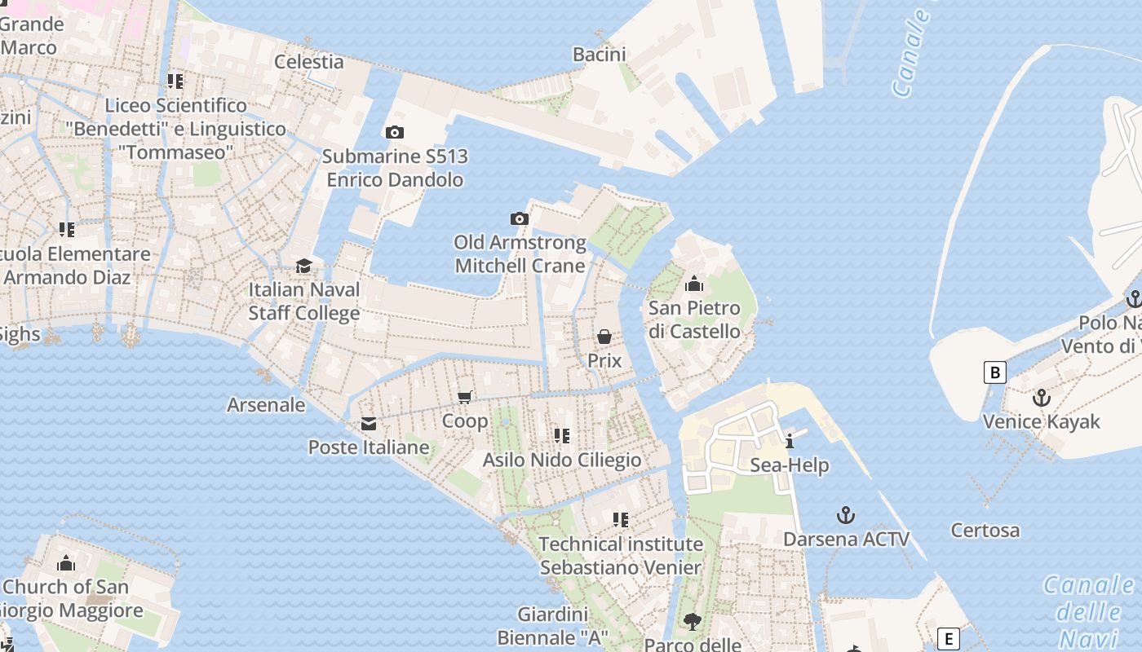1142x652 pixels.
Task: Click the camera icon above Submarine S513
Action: [x=394, y=132]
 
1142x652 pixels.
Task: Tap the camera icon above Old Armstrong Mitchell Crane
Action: [x=519, y=218]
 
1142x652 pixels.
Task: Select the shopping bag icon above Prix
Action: [x=604, y=337]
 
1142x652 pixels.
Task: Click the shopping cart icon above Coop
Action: [x=465, y=397]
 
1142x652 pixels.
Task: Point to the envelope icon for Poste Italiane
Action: [x=369, y=423]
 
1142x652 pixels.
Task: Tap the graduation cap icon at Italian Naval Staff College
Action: [x=303, y=266]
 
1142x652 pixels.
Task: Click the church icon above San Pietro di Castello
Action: [x=694, y=284]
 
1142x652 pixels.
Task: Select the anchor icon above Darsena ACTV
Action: [x=846, y=515]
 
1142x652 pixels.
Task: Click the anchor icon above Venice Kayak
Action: [x=1041, y=398]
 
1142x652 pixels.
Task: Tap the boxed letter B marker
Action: [x=994, y=373]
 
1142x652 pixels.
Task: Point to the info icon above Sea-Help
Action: [x=789, y=442]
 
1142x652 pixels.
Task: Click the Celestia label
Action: [x=309, y=61]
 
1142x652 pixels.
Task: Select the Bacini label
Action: [x=599, y=55]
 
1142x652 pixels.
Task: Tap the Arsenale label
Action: [x=266, y=405]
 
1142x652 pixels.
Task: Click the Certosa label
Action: [x=985, y=531]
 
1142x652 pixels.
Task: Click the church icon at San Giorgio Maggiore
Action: [x=66, y=563]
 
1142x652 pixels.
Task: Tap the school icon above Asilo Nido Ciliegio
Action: [x=561, y=436]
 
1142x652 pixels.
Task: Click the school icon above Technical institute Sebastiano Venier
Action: [x=620, y=519]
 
